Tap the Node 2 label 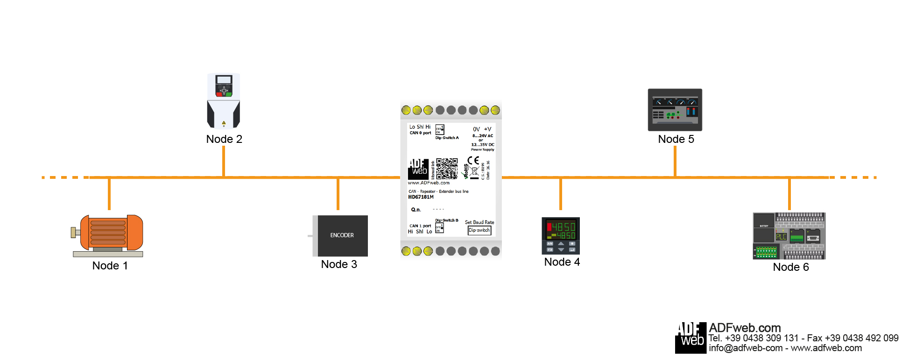pyautogui.click(x=224, y=139)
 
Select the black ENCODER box pyautogui.click(x=341, y=235)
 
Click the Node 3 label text pyautogui.click(x=339, y=264)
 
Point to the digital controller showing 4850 pyautogui.click(x=561, y=235)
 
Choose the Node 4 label pyautogui.click(x=562, y=262)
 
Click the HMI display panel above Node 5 pyautogui.click(x=675, y=110)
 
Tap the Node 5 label pyautogui.click(x=676, y=139)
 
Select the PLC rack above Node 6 pyautogui.click(x=789, y=236)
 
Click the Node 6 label pyautogui.click(x=791, y=267)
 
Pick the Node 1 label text pyautogui.click(x=110, y=266)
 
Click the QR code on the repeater pyautogui.click(x=447, y=168)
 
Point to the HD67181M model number pyautogui.click(x=421, y=197)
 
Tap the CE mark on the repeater pyautogui.click(x=473, y=160)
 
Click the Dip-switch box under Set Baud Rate pyautogui.click(x=479, y=230)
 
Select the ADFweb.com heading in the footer pyautogui.click(x=745, y=328)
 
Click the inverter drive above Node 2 pyautogui.click(x=224, y=100)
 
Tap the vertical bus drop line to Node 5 pyautogui.click(x=675, y=161)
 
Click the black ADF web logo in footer pyautogui.click(x=691, y=337)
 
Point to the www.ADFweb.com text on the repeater pyautogui.click(x=429, y=183)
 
